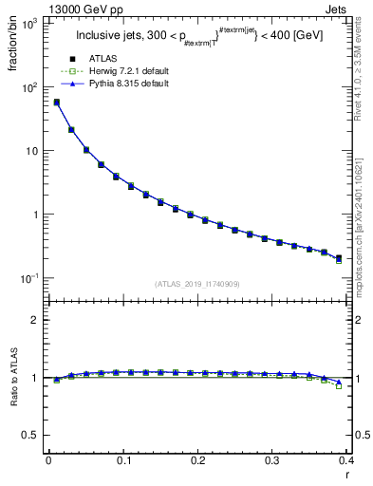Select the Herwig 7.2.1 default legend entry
click(128, 72)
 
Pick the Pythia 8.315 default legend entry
click(128, 84)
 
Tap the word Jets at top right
click(352, 9)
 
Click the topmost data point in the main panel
click(56, 103)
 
